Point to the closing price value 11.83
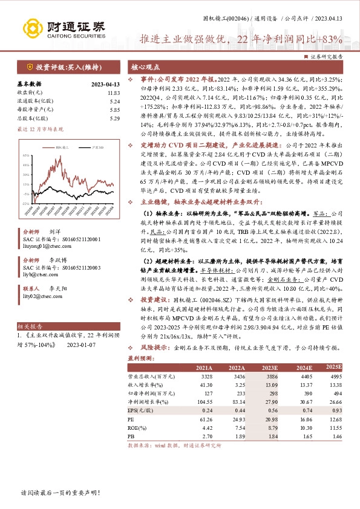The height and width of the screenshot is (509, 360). point(114,92)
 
